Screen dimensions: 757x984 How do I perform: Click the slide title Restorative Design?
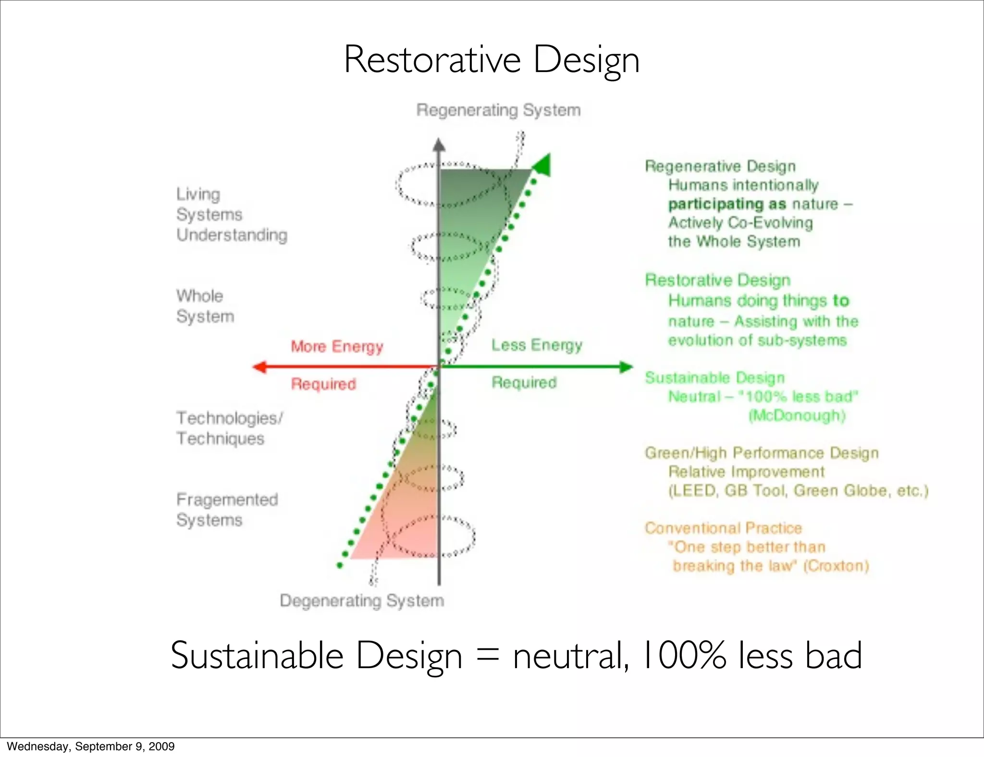pyautogui.click(x=492, y=60)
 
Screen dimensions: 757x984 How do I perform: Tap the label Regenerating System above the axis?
pyautogui.click(x=498, y=110)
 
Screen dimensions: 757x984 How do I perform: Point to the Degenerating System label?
pyautogui.click(x=362, y=600)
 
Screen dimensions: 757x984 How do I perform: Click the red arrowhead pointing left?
pyautogui.click(x=260, y=367)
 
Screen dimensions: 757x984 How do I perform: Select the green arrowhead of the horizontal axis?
pyautogui.click(x=626, y=367)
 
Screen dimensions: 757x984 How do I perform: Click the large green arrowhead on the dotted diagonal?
pyautogui.click(x=543, y=165)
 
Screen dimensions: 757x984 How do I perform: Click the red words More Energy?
pyautogui.click(x=337, y=346)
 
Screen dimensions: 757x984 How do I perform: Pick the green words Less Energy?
pyautogui.click(x=537, y=345)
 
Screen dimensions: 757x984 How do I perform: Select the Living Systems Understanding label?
pyautogui.click(x=231, y=214)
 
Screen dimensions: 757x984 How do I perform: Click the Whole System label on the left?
pyautogui.click(x=205, y=306)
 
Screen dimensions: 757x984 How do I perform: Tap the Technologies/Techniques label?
pyautogui.click(x=229, y=428)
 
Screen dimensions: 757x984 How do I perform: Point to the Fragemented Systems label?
pyautogui.click(x=227, y=510)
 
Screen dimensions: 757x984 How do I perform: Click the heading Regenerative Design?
pyautogui.click(x=720, y=166)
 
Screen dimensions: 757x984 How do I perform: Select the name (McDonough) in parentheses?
pyautogui.click(x=797, y=415)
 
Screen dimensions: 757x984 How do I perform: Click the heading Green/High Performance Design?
pyautogui.click(x=762, y=452)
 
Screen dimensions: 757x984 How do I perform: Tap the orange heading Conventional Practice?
pyautogui.click(x=723, y=528)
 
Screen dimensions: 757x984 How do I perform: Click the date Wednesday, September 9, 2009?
pyautogui.click(x=91, y=746)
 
